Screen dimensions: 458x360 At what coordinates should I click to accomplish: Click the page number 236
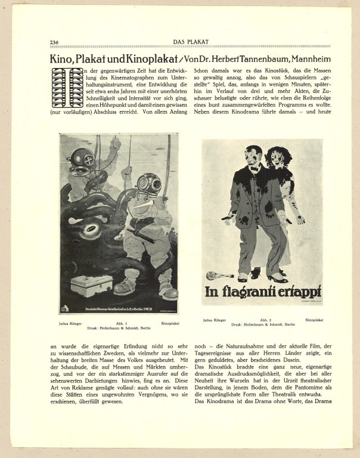[54, 42]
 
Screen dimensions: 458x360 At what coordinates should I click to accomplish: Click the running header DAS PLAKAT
[191, 42]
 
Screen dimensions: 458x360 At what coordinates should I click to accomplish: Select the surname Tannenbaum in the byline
[252, 59]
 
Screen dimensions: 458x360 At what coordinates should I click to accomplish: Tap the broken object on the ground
[215, 276]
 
